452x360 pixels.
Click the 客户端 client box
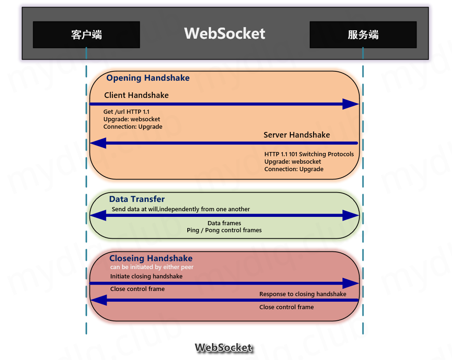tap(86, 35)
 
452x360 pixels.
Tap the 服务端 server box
tap(363, 35)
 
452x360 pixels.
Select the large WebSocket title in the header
tap(225, 34)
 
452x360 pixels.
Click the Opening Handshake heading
tap(148, 78)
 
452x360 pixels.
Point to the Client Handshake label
tap(136, 95)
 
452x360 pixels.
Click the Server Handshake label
tap(296, 135)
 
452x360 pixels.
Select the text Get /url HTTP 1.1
tap(126, 112)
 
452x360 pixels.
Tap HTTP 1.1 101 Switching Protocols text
tap(309, 154)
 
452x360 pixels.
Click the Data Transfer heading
tap(137, 199)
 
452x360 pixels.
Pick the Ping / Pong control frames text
tap(224, 230)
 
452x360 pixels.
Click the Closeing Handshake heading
tap(151, 258)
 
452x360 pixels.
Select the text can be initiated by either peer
tap(151, 267)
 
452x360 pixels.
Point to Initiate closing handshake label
tap(146, 277)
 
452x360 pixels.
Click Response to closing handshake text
tap(302, 294)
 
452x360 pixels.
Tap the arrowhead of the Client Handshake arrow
tap(350, 104)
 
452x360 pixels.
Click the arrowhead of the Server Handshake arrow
tap(98, 143)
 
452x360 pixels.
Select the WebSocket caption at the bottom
tap(224, 348)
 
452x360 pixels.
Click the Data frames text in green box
tap(224, 223)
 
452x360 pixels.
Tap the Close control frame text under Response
tap(286, 307)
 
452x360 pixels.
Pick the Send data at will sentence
tap(181, 209)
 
